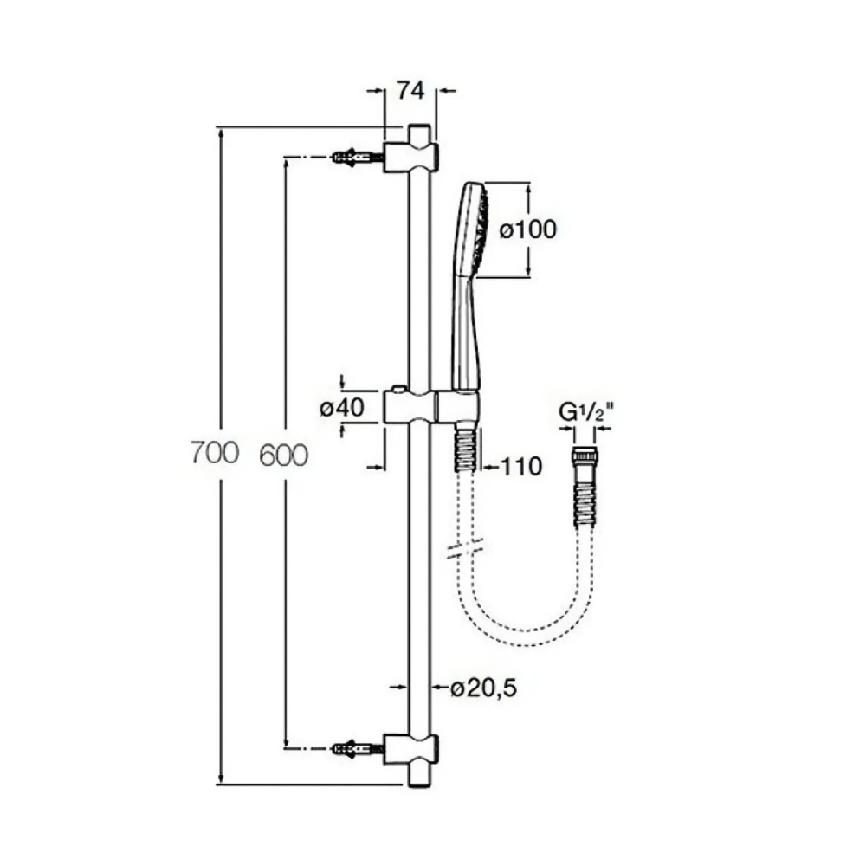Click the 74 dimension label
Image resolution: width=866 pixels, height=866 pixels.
click(410, 91)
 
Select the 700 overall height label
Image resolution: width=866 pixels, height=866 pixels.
click(215, 452)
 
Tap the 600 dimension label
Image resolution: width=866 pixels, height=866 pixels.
click(283, 456)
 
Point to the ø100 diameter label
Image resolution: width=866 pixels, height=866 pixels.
click(528, 229)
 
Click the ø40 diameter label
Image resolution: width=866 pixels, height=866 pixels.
click(342, 408)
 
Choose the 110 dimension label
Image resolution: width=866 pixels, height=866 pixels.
click(521, 467)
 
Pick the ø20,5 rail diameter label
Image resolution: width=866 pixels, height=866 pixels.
click(484, 688)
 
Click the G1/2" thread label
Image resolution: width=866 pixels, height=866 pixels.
click(586, 412)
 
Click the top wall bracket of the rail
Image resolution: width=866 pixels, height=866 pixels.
click(411, 158)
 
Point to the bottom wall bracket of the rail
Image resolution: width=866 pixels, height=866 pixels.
click(411, 749)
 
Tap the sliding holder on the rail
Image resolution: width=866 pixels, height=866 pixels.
click(430, 408)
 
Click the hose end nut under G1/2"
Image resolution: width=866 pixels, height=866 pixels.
click(585, 456)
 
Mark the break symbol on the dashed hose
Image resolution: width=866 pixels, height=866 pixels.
click(465, 548)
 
